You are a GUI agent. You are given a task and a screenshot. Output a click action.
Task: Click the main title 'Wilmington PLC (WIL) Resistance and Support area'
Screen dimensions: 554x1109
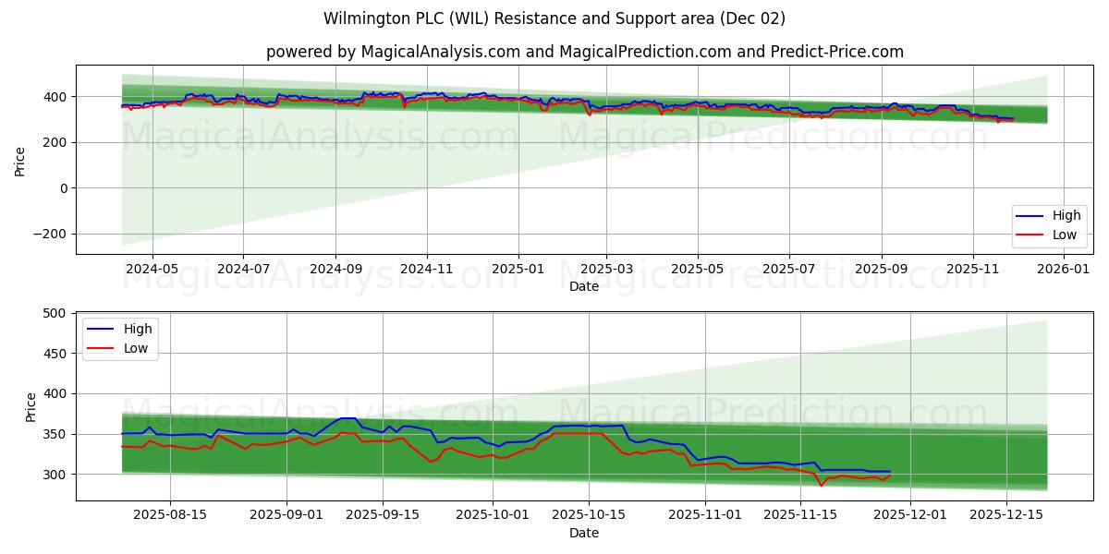[554, 18]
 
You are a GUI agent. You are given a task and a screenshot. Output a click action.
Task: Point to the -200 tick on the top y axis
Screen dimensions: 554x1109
[49, 234]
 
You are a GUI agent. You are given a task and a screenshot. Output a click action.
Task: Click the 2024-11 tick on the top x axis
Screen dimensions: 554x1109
[426, 268]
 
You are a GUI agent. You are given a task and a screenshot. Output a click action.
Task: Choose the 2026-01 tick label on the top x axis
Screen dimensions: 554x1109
[1064, 268]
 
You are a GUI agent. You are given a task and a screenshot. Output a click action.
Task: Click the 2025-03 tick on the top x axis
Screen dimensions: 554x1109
[605, 268]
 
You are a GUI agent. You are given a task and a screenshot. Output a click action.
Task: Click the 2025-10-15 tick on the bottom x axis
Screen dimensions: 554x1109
[589, 514]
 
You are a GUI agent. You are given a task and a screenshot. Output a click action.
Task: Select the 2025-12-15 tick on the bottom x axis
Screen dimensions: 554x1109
[1004, 514]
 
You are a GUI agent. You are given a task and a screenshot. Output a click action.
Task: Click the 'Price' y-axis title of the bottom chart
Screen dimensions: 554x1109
[30, 406]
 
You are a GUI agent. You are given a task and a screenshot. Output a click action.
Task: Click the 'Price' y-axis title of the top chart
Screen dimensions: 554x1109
[20, 162]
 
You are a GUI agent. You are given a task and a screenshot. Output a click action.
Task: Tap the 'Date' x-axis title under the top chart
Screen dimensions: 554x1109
[584, 286]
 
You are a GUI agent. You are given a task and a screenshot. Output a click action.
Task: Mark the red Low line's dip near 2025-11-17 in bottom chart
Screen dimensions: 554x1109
[821, 486]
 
